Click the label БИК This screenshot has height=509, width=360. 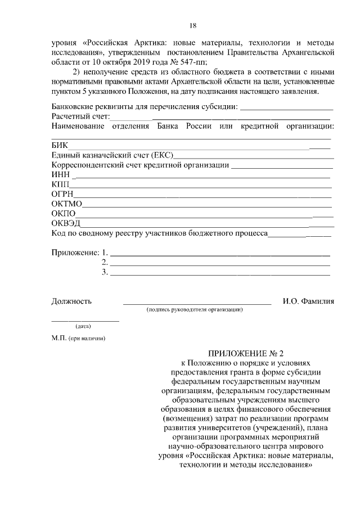tap(59, 146)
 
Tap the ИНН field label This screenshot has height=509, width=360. tap(60, 175)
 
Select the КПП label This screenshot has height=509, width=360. tap(60, 184)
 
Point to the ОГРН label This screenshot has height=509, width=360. tap(61, 194)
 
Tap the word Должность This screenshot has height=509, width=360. tap(71, 301)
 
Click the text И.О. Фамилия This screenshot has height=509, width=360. tap(308, 301)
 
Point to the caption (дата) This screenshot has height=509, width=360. tap(84, 326)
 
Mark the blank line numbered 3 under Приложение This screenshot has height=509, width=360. tap(219, 273)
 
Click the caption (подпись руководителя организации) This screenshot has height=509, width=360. tap(194, 309)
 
